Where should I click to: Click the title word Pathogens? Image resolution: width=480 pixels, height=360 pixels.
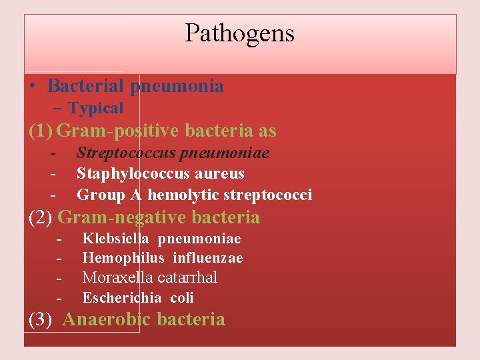point(239,33)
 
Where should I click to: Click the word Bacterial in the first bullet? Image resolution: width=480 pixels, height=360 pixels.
point(86,86)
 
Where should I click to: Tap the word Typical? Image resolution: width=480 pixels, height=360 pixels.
point(96,108)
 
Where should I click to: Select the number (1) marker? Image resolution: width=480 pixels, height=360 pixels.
point(41,131)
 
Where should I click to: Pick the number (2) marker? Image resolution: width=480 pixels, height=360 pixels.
point(41,217)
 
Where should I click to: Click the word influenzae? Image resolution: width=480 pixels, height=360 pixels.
point(208,258)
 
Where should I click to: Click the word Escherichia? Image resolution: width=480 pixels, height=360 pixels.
point(121,298)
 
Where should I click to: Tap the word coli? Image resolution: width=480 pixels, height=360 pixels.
point(182,298)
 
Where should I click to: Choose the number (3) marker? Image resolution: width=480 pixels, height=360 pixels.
point(41,319)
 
